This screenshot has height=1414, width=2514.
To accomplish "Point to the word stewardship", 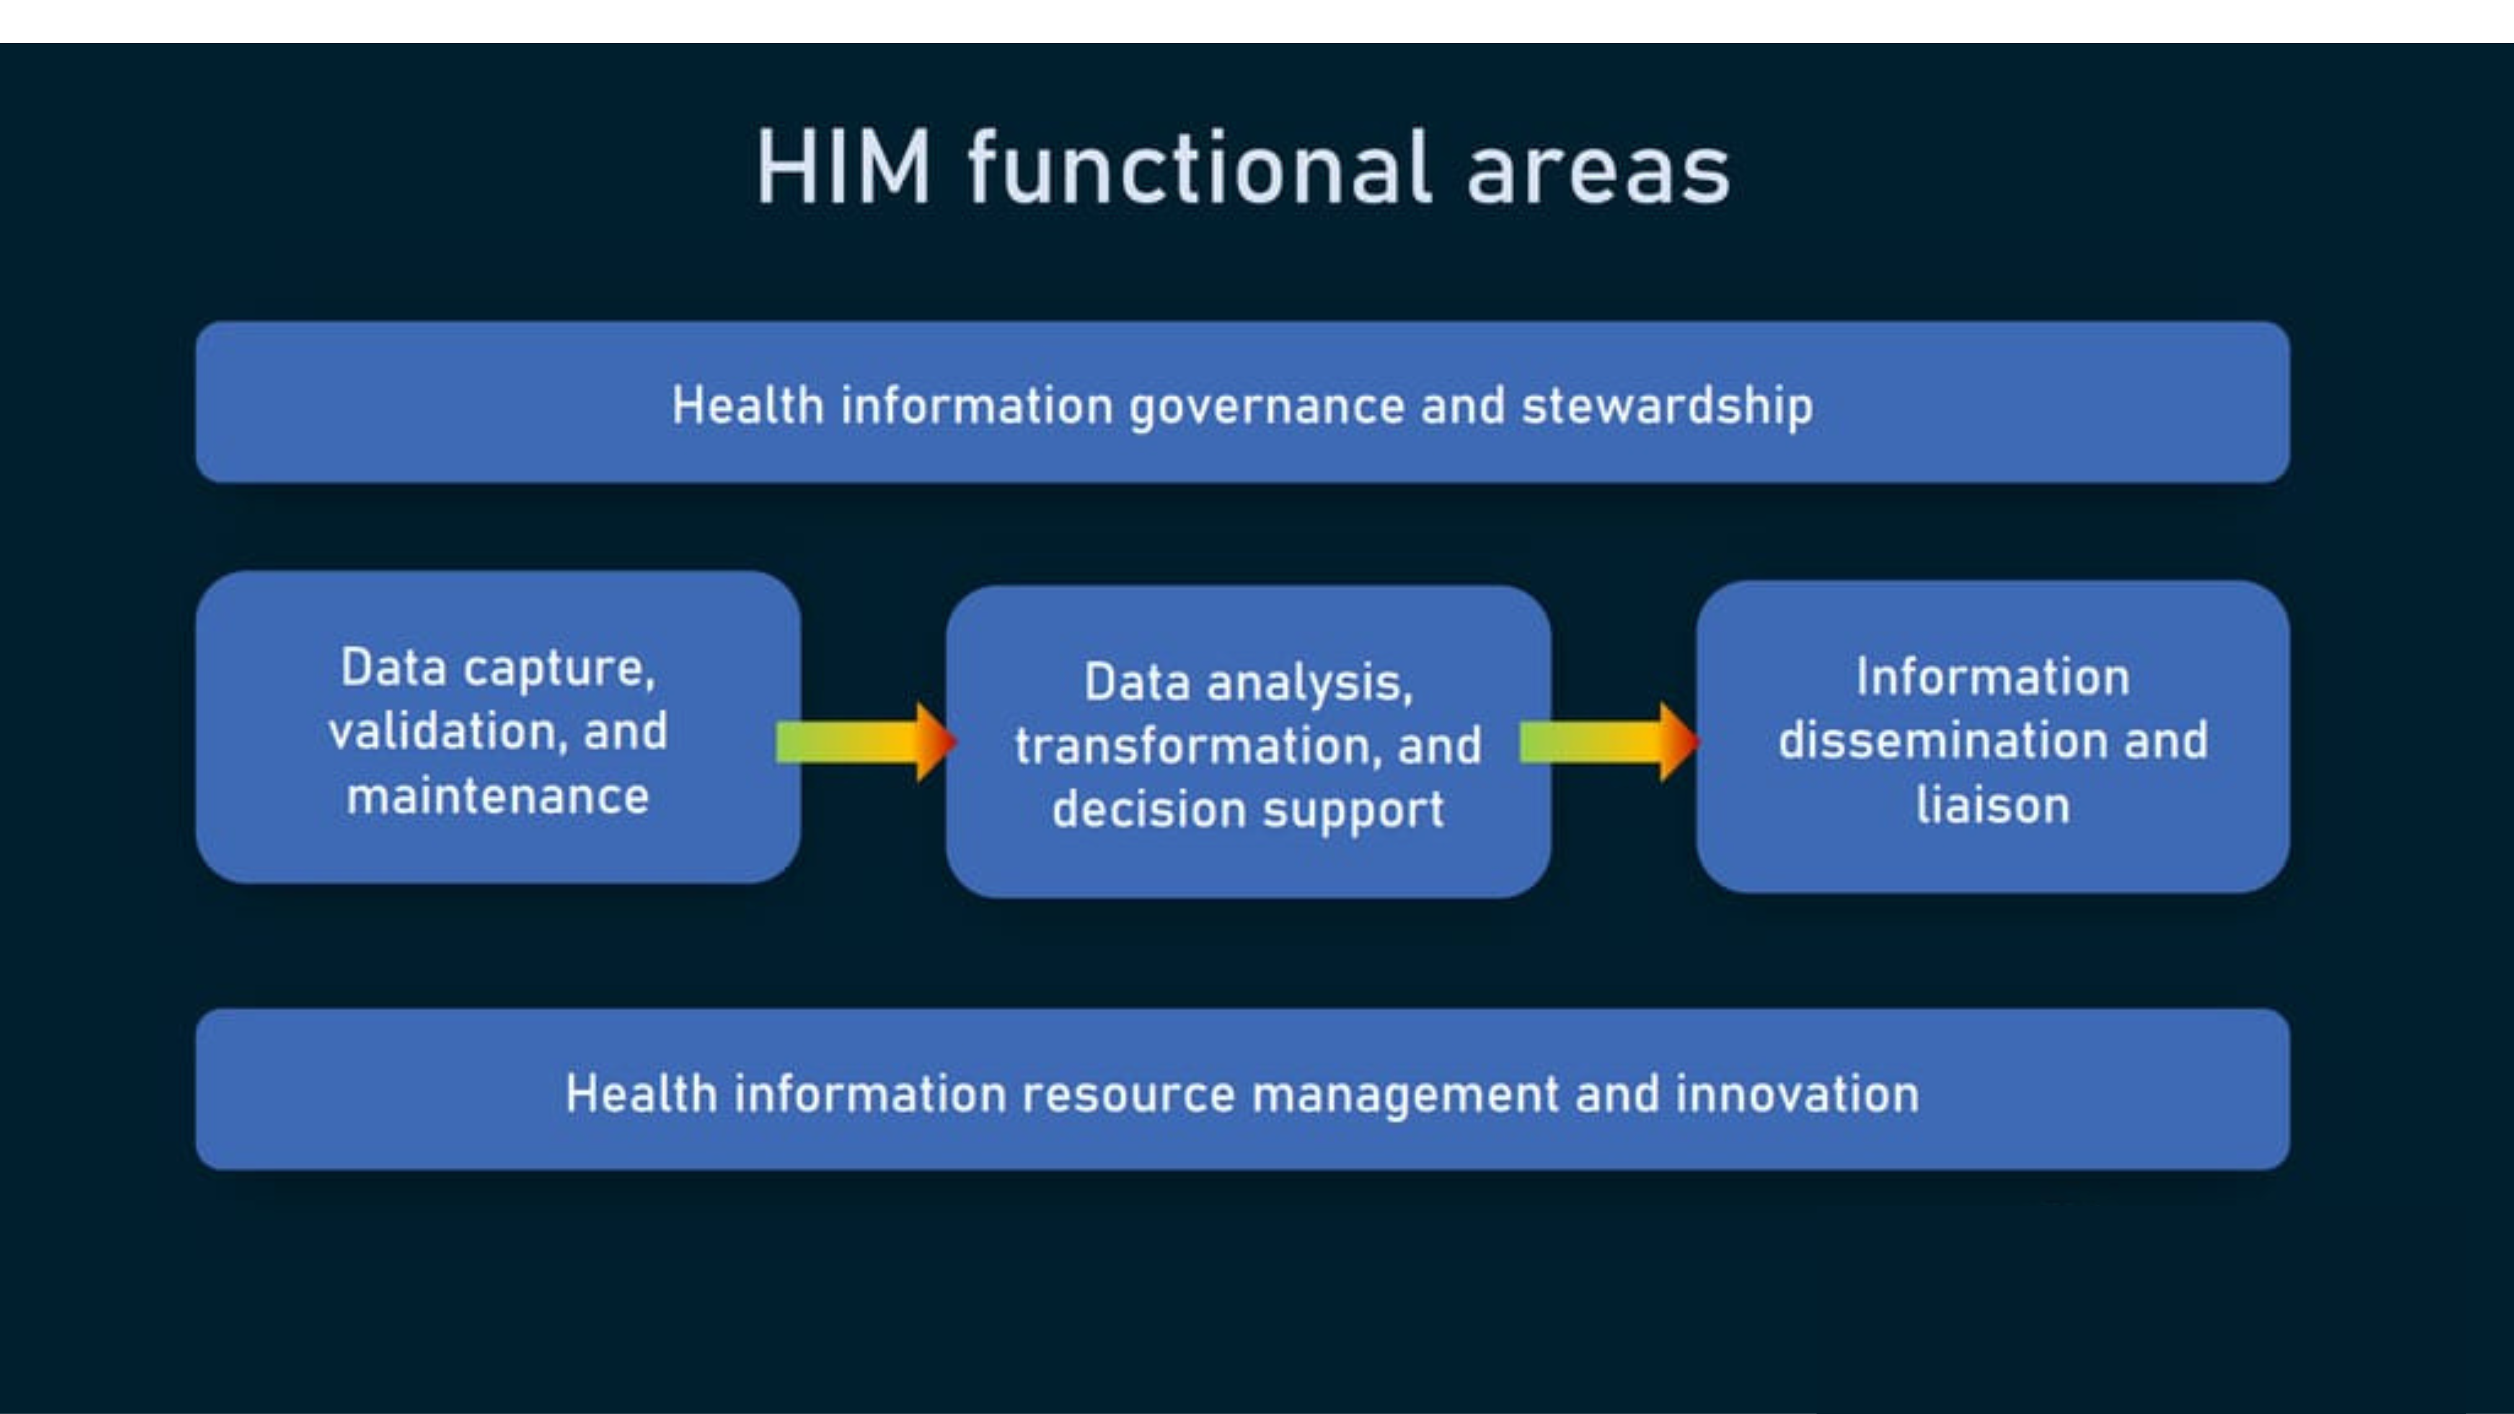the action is point(1667,406).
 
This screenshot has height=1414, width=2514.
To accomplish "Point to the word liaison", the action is point(1993,805).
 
